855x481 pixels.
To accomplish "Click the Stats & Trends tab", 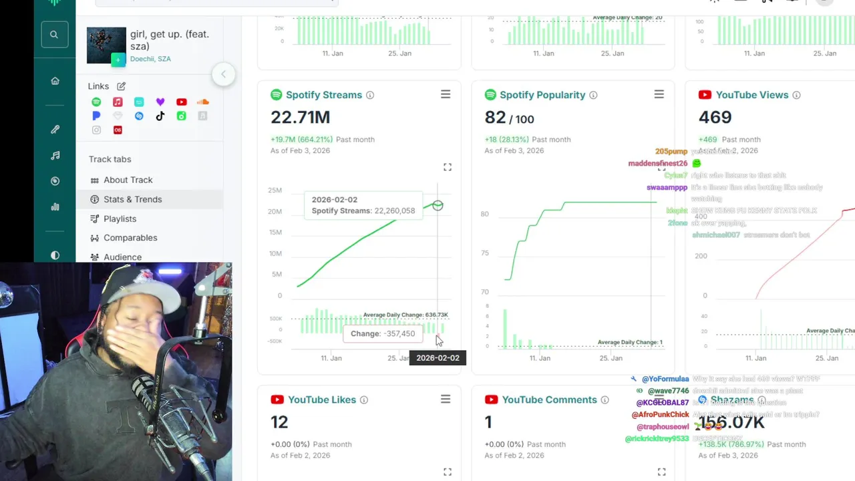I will (x=132, y=199).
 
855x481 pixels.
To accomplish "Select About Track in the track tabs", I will (x=128, y=180).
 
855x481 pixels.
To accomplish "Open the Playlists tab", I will (x=120, y=218).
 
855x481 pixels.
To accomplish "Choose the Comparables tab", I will (x=130, y=238).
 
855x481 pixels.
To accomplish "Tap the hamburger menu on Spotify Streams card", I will (x=446, y=95).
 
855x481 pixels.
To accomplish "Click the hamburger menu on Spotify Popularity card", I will (x=659, y=95).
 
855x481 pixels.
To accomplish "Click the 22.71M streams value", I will (x=300, y=118).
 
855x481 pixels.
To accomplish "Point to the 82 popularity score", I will (x=495, y=118).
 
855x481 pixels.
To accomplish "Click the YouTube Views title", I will (x=751, y=95).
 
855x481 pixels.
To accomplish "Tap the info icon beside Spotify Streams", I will (x=370, y=96).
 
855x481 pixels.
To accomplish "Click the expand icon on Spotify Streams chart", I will (x=448, y=167).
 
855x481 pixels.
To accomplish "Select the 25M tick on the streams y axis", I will (x=275, y=190).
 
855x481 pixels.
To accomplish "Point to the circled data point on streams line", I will (x=438, y=206).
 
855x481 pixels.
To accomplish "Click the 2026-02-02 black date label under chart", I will (x=438, y=358).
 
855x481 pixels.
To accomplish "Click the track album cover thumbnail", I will (x=106, y=45).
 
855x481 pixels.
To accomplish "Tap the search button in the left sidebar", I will (x=54, y=35).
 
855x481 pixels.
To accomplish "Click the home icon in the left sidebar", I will (x=55, y=81).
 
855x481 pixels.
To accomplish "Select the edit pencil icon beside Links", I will (x=121, y=86).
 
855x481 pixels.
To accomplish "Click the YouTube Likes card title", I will (x=321, y=399).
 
